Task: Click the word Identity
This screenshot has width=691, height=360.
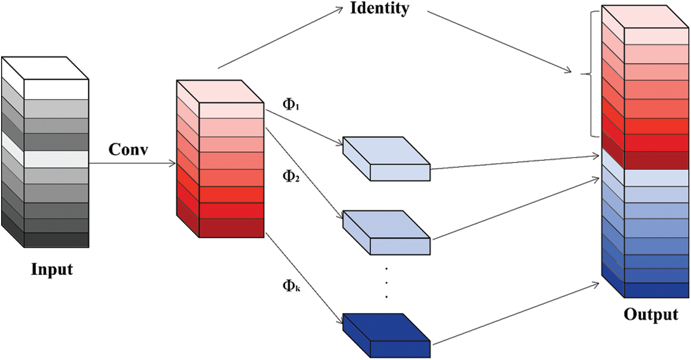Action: [380, 9]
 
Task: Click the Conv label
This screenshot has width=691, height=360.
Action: [129, 150]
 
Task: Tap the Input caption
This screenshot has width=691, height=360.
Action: [52, 270]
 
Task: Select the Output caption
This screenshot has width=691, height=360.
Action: [651, 315]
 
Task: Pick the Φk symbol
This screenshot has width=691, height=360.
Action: [291, 286]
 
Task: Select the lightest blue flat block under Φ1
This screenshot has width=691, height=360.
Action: [386, 158]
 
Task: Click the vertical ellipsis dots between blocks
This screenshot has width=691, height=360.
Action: [386, 283]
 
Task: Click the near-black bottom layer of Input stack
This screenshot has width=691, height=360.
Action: [56, 240]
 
